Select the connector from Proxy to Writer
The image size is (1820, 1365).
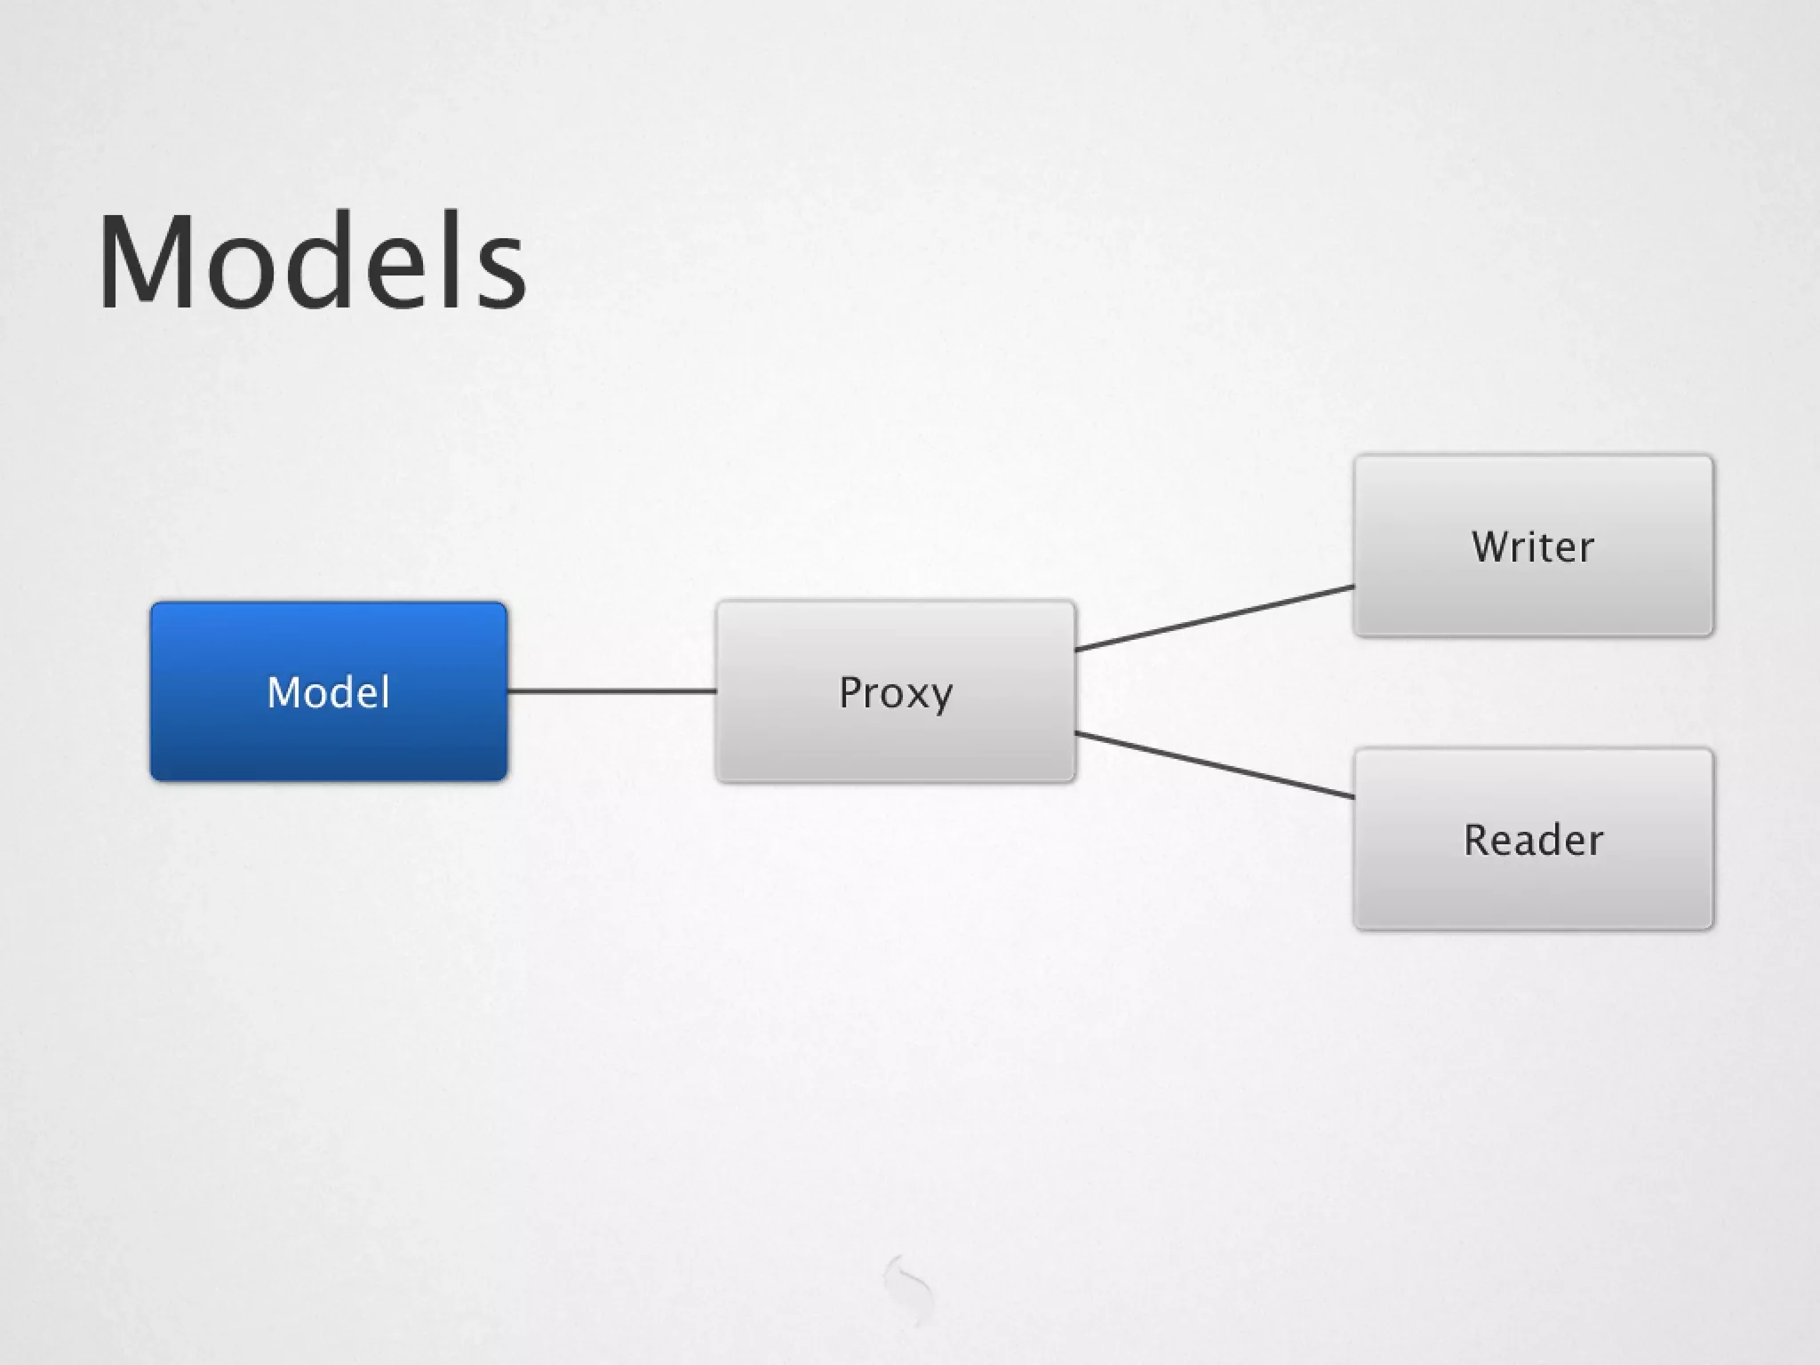click(1214, 618)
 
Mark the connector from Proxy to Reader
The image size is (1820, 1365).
click(1214, 765)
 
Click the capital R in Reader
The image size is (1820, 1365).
click(1477, 840)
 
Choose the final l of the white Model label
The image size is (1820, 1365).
click(385, 690)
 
